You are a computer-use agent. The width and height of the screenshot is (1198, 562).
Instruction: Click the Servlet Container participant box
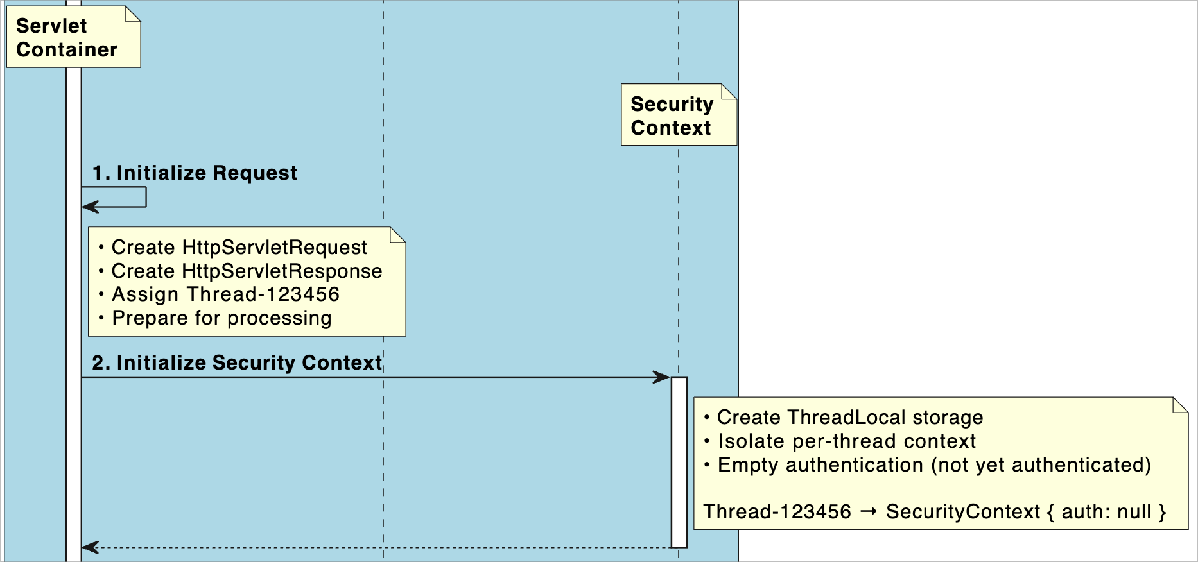73,37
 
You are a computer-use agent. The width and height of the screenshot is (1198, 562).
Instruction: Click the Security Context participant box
678,115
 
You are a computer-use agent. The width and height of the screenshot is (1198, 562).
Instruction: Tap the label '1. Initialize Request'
195,173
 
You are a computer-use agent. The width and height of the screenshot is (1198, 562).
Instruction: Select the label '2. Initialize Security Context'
237,362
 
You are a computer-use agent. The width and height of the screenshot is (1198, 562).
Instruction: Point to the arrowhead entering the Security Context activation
663,377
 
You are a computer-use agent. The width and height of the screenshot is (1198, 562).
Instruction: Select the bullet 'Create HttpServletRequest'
239,247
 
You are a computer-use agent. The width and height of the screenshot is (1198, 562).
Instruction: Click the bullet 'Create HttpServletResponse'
247,271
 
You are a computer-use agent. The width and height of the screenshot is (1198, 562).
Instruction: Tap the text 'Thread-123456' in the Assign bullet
263,294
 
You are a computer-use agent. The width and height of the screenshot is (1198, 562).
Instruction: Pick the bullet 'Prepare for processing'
221,318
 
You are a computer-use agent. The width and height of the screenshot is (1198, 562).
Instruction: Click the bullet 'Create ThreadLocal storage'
849,418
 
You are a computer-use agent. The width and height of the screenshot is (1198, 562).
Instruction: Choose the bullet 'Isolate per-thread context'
846,441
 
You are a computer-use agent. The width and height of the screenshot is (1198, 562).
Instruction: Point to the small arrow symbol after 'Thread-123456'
869,511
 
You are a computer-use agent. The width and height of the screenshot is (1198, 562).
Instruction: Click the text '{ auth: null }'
1106,512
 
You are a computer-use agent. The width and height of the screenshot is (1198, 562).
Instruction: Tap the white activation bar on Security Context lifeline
679,462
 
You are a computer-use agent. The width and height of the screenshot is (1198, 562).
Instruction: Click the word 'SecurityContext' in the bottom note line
962,512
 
